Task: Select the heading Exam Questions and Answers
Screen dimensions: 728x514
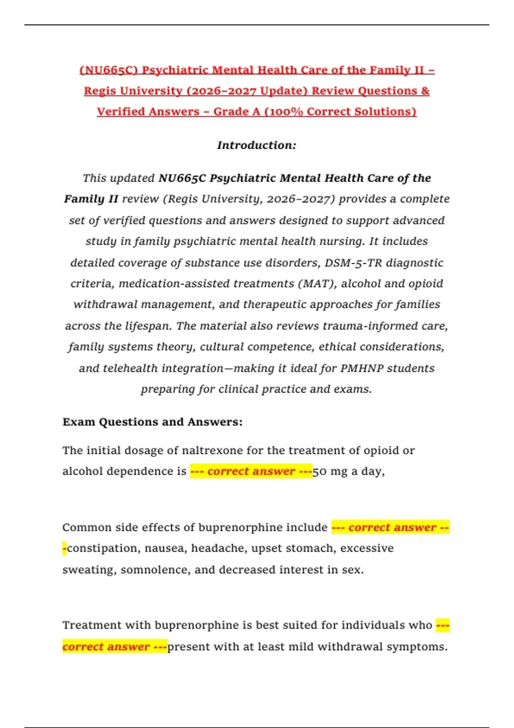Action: point(152,422)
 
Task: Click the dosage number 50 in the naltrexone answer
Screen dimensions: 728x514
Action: point(320,471)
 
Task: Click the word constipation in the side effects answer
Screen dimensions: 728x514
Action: point(104,548)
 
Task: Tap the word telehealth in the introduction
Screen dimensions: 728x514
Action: point(130,368)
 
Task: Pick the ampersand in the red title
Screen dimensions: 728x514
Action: point(425,91)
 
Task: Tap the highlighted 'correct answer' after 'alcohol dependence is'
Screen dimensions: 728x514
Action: point(251,471)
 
